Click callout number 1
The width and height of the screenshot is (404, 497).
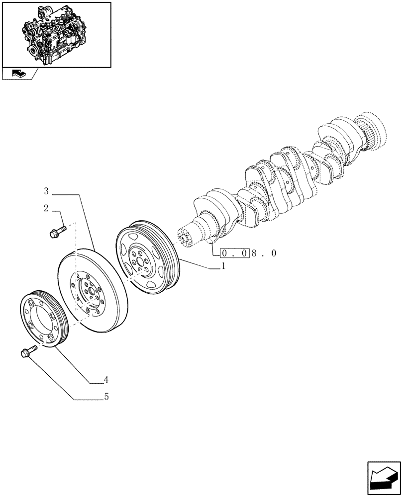[223, 266]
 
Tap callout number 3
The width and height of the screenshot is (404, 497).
[46, 191]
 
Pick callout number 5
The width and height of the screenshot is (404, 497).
[106, 397]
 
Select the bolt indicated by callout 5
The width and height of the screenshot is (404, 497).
[28, 351]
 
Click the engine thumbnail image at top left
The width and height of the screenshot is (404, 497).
[56, 34]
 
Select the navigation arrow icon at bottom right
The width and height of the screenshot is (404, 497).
[384, 478]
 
